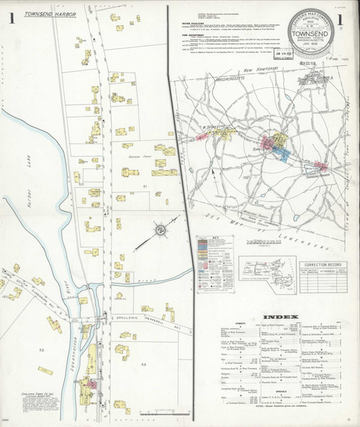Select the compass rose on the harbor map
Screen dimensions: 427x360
tap(161, 230)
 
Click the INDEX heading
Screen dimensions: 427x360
tap(277, 317)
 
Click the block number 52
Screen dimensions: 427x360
tap(41, 350)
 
